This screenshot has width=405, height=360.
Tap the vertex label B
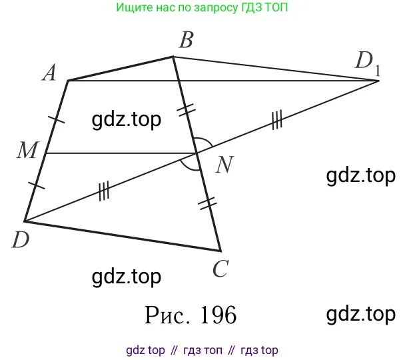186,42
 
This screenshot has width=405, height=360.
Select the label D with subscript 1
367,62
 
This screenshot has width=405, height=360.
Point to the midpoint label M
27,151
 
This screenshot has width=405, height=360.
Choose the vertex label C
221,269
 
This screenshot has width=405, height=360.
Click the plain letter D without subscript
20,240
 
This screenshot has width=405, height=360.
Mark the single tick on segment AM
57,120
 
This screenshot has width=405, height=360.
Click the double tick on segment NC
208,203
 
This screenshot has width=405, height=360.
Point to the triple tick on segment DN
103,192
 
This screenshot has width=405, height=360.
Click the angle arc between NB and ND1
206,143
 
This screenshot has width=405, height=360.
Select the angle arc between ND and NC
193,164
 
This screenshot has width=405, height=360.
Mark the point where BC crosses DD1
196,153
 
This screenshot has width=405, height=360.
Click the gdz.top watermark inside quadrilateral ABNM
126,120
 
